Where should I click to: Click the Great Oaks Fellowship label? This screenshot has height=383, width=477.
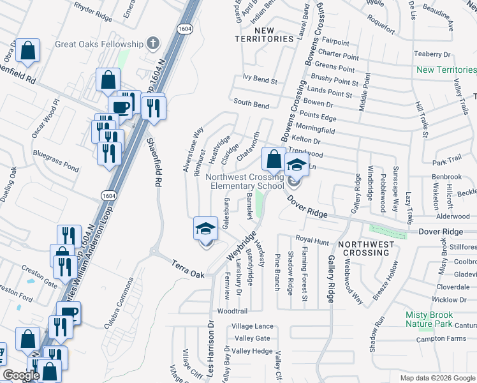click(x=99, y=43)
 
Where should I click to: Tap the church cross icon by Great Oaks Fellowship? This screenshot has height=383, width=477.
click(x=152, y=43)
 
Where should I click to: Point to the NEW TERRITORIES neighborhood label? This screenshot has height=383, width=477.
click(x=273, y=34)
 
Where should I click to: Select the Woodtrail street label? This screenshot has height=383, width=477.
click(x=231, y=312)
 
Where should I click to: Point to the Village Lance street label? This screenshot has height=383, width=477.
click(x=254, y=326)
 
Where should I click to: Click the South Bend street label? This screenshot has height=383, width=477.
click(x=251, y=103)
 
